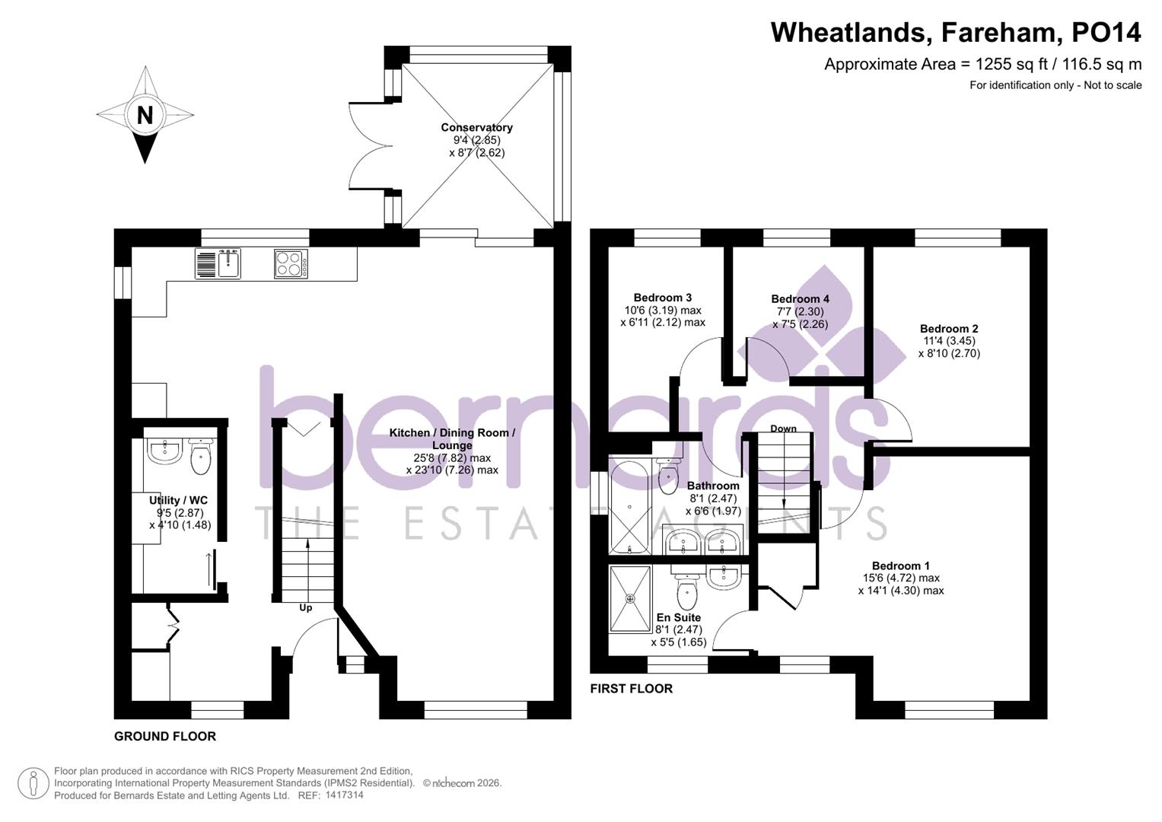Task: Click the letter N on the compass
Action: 145,115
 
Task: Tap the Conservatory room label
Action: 476,127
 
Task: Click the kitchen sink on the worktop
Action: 228,263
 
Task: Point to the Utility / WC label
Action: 178,500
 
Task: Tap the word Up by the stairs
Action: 305,607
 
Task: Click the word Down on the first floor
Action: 783,429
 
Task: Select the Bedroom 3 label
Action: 662,298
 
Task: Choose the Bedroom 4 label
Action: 800,299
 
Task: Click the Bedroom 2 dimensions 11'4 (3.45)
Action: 948,341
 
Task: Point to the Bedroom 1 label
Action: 900,566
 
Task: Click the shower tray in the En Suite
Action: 630,598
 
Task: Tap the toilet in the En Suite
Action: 687,588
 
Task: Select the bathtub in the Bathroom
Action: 629,506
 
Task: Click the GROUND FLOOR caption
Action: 165,736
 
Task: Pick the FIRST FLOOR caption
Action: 632,688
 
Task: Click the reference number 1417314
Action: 344,795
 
